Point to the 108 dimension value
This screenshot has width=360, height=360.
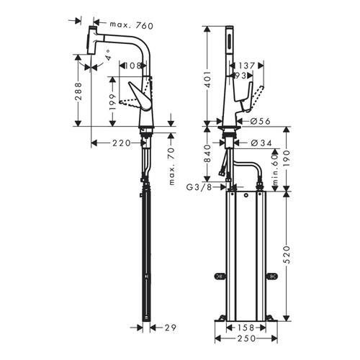pyautogui.click(x=132, y=66)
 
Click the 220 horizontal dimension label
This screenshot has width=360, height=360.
pyautogui.click(x=122, y=143)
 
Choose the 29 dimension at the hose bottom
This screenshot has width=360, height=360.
pyautogui.click(x=171, y=326)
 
